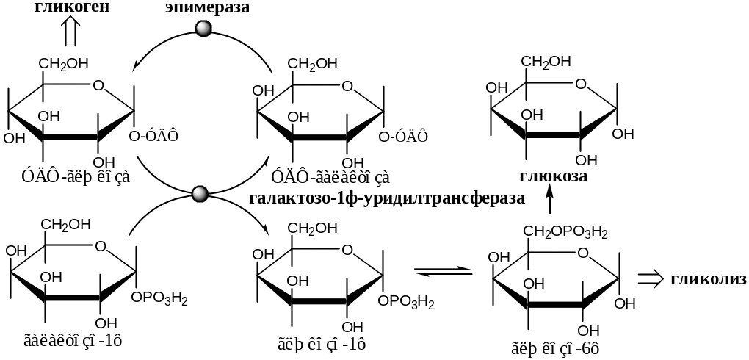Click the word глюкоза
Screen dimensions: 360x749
pos(552,176)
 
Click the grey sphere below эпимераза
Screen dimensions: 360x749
pos(203,29)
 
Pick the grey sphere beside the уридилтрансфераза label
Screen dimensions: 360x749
pos(199,194)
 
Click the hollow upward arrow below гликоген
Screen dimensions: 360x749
pos(70,32)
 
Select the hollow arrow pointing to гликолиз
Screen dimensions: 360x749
pos(650,279)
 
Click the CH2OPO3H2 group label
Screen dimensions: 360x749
pos(565,233)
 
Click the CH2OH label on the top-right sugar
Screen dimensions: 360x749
pos(546,61)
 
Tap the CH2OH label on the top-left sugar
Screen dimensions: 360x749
pos(64,63)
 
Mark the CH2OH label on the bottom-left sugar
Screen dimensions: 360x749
pos(66,224)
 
